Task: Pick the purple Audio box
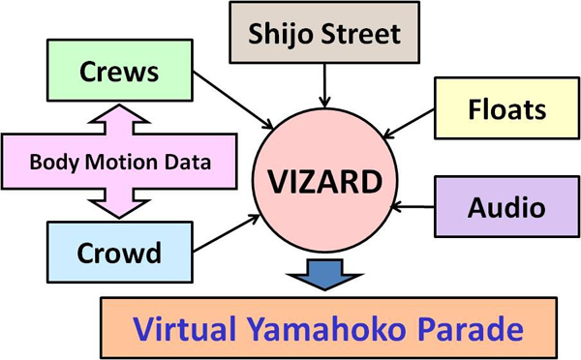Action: pos(493,206)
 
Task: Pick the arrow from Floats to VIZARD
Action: pos(409,123)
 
